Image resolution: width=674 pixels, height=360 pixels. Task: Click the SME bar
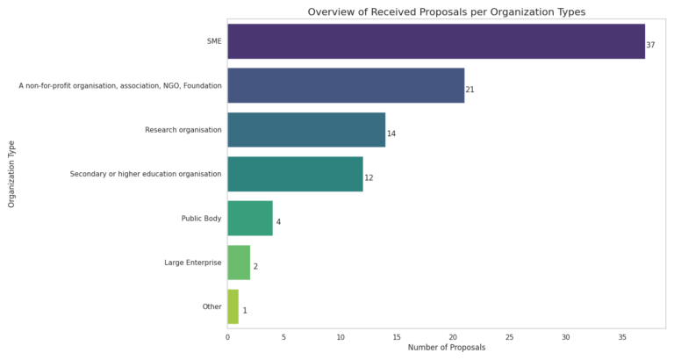click(436, 41)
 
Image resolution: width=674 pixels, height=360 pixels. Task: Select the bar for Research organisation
click(306, 130)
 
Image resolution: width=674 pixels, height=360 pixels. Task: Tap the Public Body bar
click(250, 218)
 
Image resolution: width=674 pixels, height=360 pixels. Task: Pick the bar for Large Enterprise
click(239, 263)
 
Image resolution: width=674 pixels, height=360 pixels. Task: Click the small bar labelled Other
click(233, 306)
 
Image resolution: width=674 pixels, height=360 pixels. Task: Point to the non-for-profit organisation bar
click(346, 85)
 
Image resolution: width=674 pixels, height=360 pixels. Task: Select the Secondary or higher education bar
click(295, 174)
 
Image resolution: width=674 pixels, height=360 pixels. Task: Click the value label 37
click(650, 45)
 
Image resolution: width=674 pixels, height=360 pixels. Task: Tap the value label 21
click(470, 90)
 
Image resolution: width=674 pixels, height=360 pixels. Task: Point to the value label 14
click(391, 133)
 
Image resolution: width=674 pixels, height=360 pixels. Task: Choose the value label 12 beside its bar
click(369, 178)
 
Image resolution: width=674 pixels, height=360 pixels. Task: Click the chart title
click(447, 12)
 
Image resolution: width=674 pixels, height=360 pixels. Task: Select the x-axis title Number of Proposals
click(447, 348)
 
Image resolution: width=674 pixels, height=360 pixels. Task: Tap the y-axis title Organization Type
click(11, 174)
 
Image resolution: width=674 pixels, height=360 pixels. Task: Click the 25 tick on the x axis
click(509, 338)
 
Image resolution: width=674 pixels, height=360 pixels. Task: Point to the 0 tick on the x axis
click(228, 338)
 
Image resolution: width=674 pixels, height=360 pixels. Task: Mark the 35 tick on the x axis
click(622, 338)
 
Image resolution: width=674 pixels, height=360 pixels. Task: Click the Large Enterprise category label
click(193, 263)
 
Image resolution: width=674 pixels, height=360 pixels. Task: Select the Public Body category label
click(201, 219)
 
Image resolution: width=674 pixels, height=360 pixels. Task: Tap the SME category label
click(214, 41)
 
